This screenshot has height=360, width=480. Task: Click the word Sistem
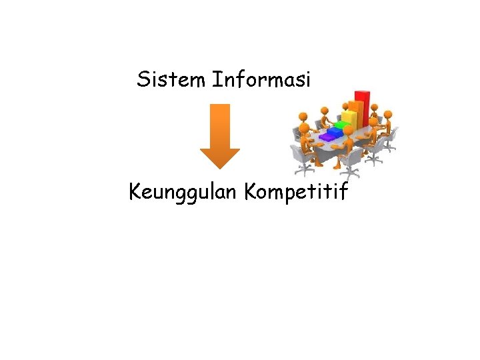pyautogui.click(x=171, y=80)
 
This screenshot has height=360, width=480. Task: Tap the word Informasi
pyautogui.click(x=261, y=80)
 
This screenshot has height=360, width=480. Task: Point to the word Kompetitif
pyautogui.click(x=296, y=193)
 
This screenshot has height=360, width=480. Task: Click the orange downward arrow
pyautogui.click(x=219, y=133)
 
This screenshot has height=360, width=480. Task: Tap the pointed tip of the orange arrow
pyautogui.click(x=219, y=167)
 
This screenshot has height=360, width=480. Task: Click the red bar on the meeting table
pyautogui.click(x=363, y=110)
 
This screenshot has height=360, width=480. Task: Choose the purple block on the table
pyautogui.click(x=327, y=136)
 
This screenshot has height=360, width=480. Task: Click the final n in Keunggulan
pyautogui.click(x=235, y=194)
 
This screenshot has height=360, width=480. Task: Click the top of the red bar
pyautogui.click(x=363, y=93)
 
